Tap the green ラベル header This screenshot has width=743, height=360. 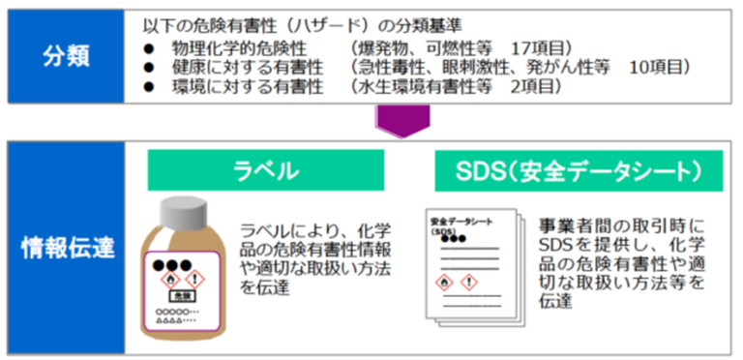point(265,171)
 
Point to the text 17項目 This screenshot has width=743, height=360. point(548,47)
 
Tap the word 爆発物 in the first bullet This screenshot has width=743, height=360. point(385,47)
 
